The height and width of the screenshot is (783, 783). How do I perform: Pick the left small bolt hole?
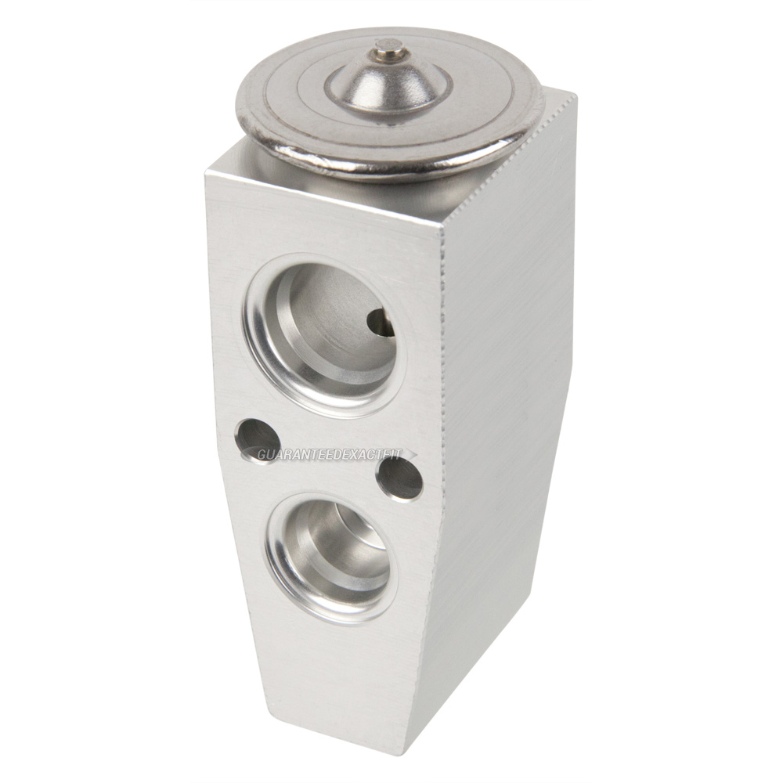click(257, 440)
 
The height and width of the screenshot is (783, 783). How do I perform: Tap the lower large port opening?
click(333, 559)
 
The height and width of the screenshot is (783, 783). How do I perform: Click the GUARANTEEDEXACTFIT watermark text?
click(330, 454)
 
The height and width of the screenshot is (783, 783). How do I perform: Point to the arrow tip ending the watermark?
click(416, 453)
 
